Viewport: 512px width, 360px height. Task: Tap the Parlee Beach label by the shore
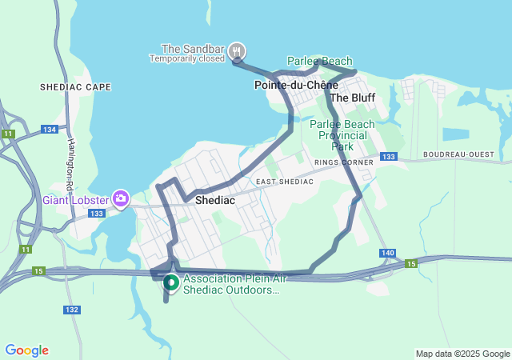[320, 61]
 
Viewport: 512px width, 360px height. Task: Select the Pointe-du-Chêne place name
[295, 84]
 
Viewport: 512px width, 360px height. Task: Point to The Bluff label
[352, 98]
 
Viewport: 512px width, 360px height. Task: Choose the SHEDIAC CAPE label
[75, 86]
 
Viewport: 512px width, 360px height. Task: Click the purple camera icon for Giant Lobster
[121, 198]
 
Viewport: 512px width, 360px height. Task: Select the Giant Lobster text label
[76, 198]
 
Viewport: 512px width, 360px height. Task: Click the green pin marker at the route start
[170, 282]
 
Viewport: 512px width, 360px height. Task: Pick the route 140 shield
[388, 253]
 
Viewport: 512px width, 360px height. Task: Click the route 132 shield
[72, 310]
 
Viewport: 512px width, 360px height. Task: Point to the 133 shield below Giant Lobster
[98, 214]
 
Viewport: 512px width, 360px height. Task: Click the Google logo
[27, 350]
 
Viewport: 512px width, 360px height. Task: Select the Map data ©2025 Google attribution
[462, 354]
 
